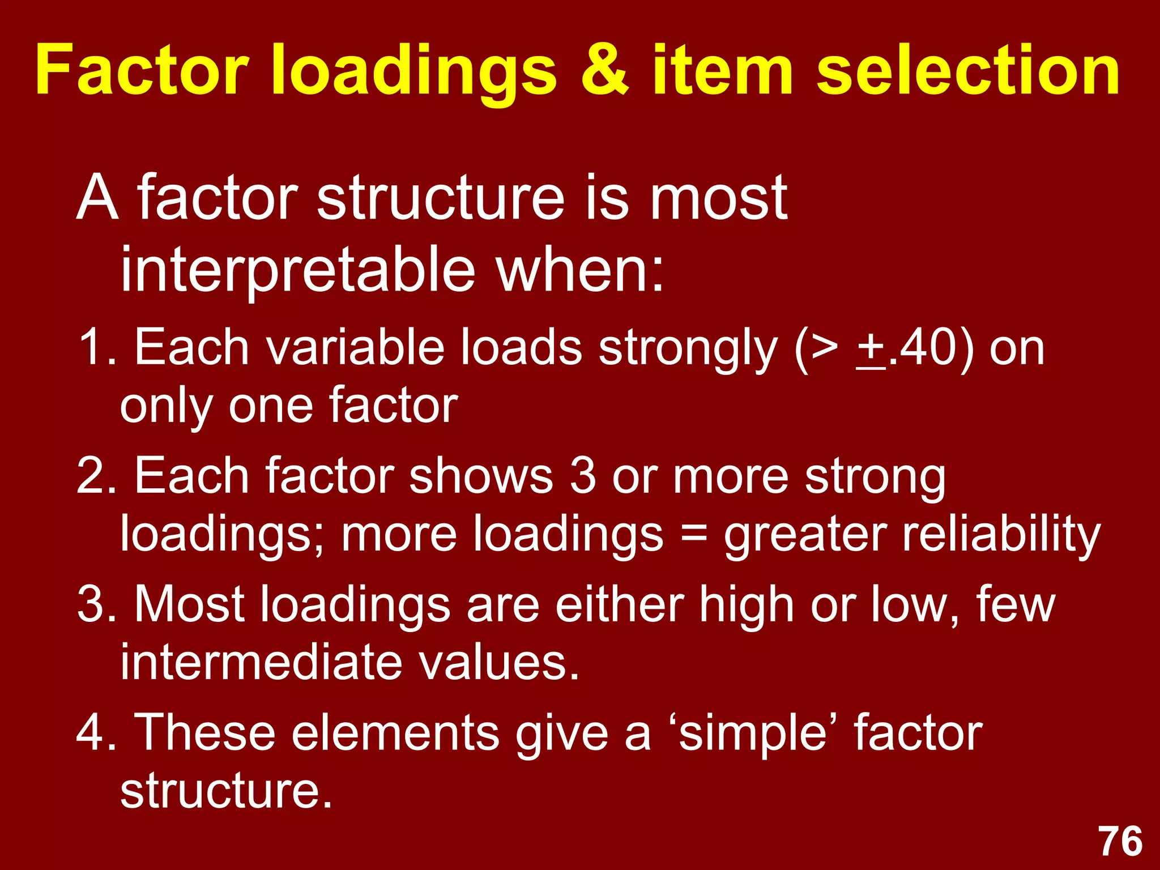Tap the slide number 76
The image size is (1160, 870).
[1121, 842]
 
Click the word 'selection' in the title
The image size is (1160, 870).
[968, 71]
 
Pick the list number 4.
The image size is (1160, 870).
[93, 733]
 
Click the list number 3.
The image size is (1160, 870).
[93, 605]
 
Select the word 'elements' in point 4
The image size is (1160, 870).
[395, 733]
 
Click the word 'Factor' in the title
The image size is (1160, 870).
[142, 71]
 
